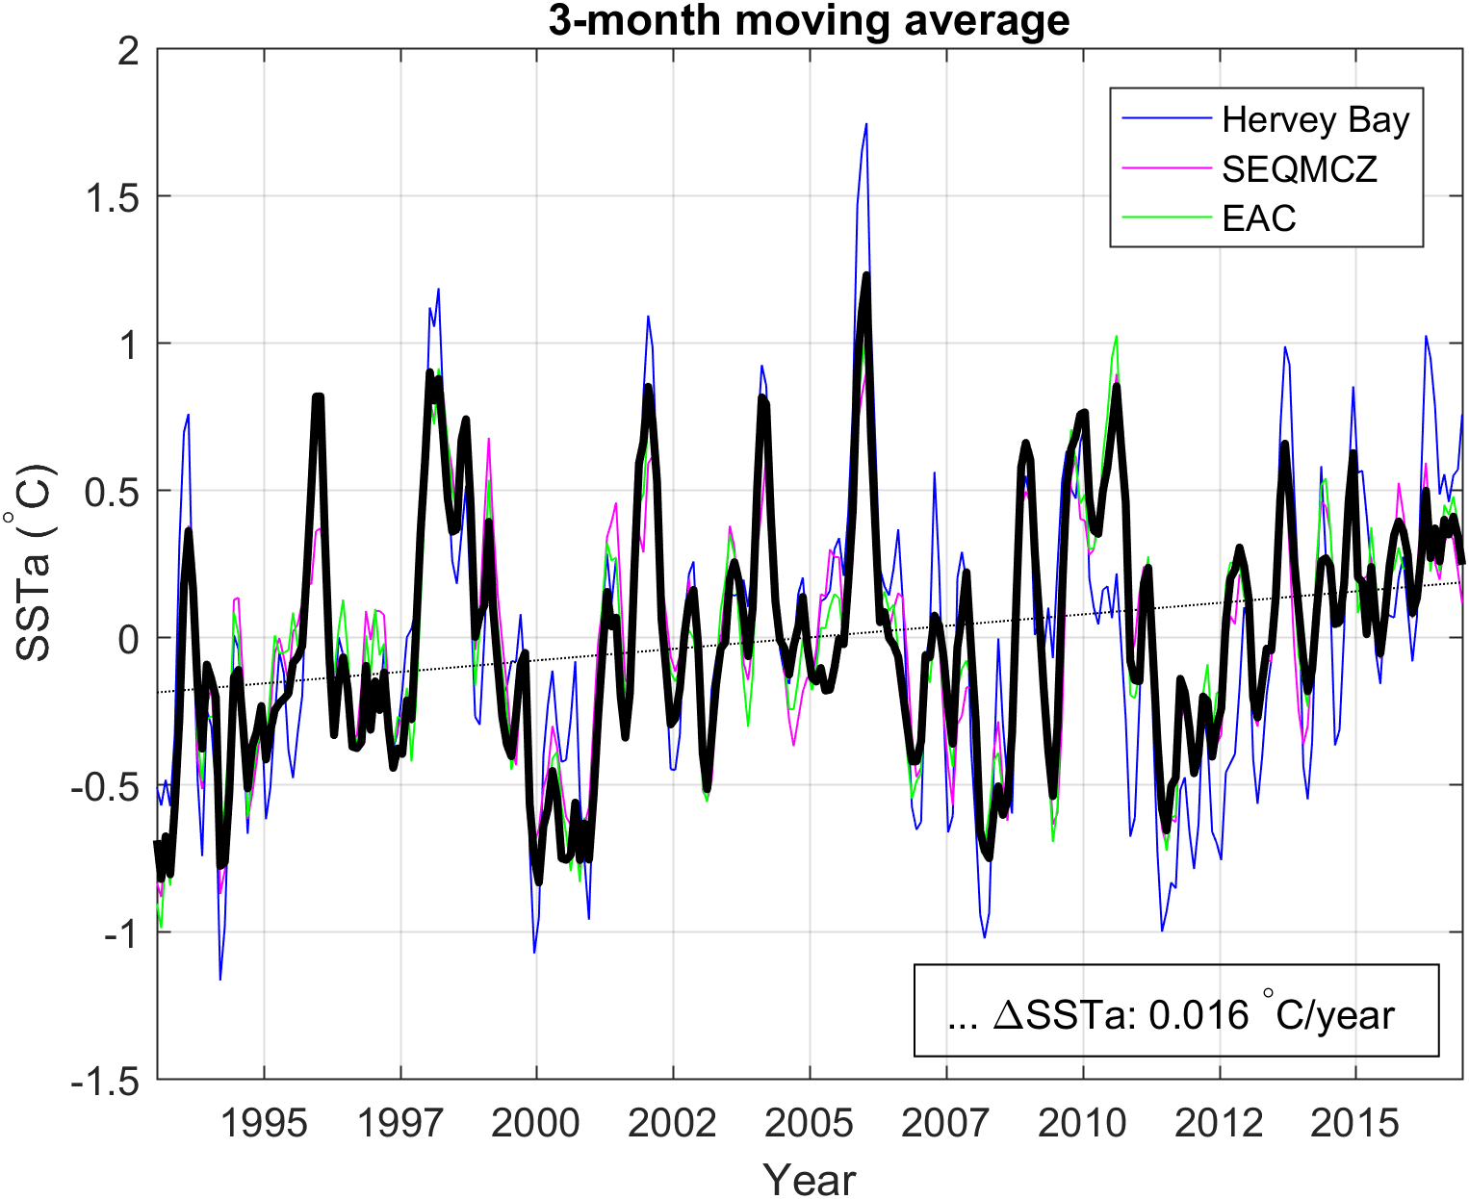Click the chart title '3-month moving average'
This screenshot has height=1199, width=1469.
[809, 20]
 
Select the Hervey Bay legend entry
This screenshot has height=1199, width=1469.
[1314, 119]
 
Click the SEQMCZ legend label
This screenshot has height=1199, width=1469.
[1299, 169]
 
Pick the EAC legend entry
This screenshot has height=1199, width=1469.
[1258, 219]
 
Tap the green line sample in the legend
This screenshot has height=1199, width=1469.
[1167, 218]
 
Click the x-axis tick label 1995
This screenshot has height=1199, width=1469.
[264, 1123]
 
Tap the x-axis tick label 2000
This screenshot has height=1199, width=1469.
[535, 1123]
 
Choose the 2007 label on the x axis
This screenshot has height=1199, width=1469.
[945, 1123]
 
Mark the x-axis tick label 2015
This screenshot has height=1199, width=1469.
[1354, 1123]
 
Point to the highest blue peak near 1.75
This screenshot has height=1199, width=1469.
[866, 124]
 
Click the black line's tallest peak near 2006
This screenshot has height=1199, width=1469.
[866, 275]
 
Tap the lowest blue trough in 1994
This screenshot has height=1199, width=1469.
[220, 979]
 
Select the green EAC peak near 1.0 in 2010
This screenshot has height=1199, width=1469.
[1116, 337]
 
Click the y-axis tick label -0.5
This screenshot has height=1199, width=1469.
[106, 786]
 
